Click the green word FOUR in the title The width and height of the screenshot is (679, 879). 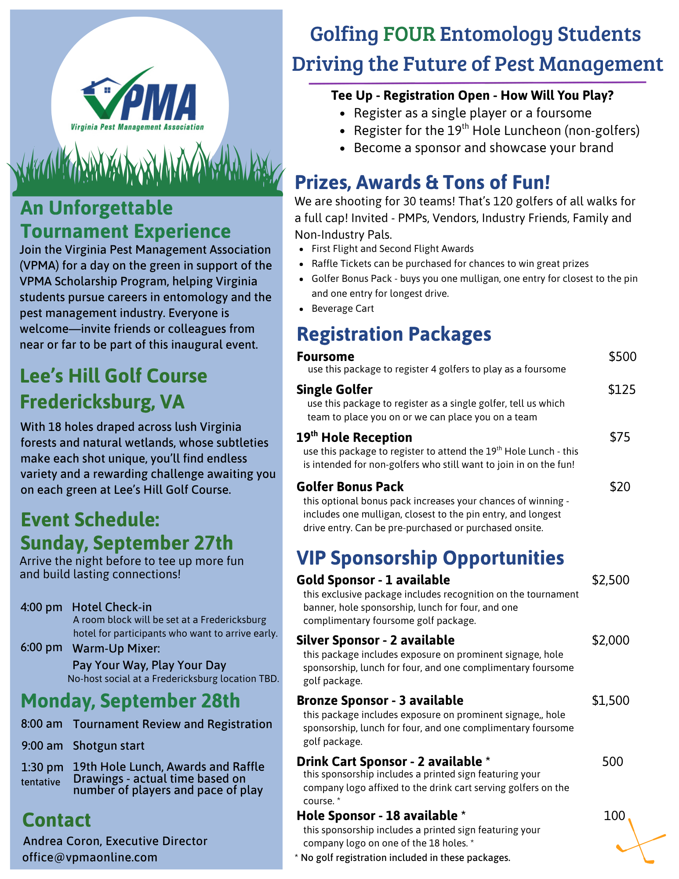point(409,34)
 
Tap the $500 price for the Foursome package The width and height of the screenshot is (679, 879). point(622,357)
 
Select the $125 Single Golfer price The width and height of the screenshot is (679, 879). point(621,390)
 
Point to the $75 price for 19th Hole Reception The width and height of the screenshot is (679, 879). point(620,437)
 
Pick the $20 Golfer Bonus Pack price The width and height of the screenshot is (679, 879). point(620,487)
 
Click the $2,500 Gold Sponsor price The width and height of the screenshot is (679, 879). point(610,580)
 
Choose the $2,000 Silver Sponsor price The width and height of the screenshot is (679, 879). point(610,640)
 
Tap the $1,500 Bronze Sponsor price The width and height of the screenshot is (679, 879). point(610,700)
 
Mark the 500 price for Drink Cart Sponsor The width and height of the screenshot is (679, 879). point(612,762)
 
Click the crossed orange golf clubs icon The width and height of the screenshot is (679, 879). point(640,841)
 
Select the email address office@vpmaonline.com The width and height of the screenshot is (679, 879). point(90,857)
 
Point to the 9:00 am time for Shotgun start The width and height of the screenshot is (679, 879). point(42,746)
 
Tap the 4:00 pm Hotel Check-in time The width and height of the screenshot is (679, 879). point(41,608)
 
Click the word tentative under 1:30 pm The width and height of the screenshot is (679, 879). point(40,782)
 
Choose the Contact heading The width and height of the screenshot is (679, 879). point(57,821)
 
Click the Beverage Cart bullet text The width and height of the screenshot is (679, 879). point(342,309)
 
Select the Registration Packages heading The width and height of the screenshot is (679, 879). point(394,334)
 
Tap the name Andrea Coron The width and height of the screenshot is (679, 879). point(62,841)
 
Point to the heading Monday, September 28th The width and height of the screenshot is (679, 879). point(131,701)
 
